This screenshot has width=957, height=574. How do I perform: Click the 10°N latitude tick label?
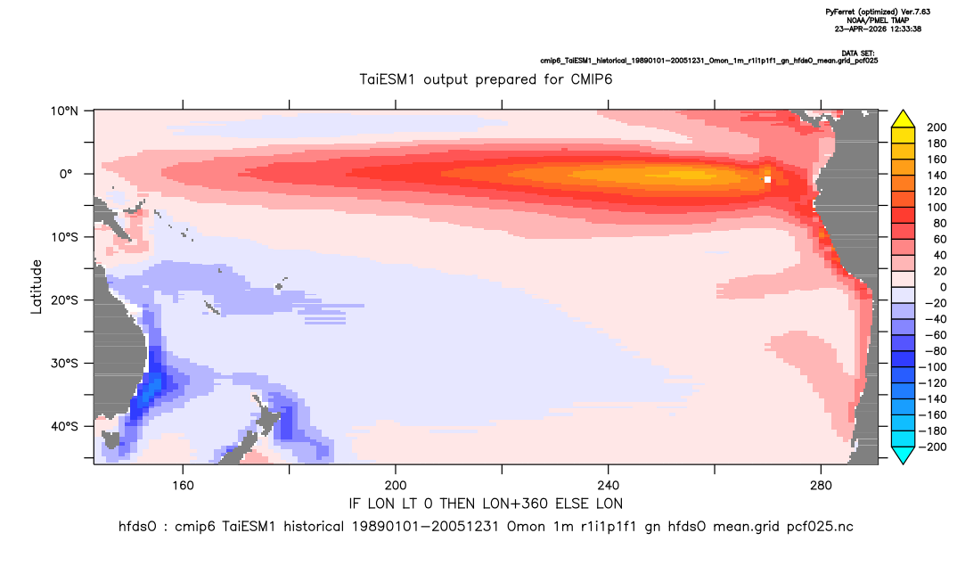[64, 111]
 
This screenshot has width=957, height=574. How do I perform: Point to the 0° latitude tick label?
[66, 174]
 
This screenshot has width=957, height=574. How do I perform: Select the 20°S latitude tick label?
[64, 300]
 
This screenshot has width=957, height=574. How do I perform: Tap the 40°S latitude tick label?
[64, 426]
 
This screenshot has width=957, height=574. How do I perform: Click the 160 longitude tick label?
[183, 486]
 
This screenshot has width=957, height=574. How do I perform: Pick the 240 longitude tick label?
[609, 486]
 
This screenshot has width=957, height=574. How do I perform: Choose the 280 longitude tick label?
[821, 486]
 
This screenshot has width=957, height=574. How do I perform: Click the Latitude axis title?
[37, 287]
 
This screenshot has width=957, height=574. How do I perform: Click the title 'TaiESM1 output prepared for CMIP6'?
[486, 80]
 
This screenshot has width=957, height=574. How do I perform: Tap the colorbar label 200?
[937, 127]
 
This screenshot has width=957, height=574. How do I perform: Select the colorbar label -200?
[933, 447]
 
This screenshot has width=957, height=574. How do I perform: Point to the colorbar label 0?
[943, 288]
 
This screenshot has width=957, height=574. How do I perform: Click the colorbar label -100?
[933, 367]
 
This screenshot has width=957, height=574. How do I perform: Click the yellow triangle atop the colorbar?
[903, 120]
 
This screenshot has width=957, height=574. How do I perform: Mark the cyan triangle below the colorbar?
[903, 455]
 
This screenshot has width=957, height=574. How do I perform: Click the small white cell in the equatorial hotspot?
[768, 179]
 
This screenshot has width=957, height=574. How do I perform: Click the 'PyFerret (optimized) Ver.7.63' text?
[878, 12]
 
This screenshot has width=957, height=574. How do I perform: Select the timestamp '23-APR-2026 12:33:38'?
[878, 29]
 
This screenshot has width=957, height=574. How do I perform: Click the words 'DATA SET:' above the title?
[857, 53]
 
